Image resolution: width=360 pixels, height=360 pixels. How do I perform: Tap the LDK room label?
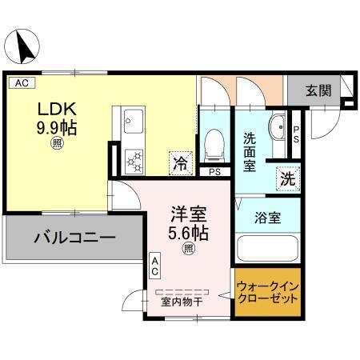[x=55, y=108]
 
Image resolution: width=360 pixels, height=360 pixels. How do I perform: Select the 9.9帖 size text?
[x=55, y=126]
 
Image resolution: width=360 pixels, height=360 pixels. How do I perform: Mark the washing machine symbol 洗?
[x=286, y=178]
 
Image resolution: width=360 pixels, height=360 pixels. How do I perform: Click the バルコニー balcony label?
[x=74, y=238]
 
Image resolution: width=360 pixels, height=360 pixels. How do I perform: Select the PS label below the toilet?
[x=214, y=171]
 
